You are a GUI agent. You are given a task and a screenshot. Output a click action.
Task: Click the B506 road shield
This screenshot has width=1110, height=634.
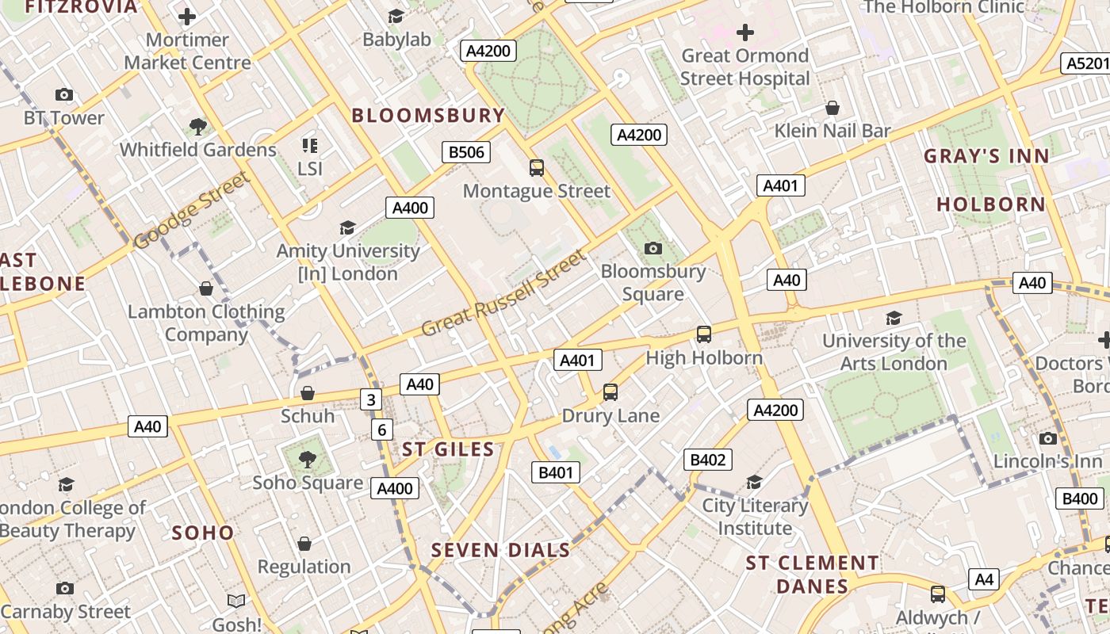click(x=466, y=152)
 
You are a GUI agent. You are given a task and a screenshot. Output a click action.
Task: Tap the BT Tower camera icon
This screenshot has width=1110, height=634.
click(x=64, y=95)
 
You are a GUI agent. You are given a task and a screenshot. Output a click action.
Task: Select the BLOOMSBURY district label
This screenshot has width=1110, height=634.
click(x=428, y=115)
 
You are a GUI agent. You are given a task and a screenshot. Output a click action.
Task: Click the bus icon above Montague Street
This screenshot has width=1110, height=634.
click(x=537, y=167)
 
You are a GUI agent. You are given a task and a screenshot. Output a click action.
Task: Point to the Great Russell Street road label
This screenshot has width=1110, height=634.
click(x=504, y=293)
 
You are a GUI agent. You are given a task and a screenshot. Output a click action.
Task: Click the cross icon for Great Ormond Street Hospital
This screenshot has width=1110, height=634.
click(x=744, y=33)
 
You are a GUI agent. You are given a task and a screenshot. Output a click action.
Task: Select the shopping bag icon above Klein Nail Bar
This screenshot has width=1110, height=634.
click(x=832, y=108)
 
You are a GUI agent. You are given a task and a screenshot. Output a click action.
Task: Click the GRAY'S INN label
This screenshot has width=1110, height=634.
click(x=986, y=156)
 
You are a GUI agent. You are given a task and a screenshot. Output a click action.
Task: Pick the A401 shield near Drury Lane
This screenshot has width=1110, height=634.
click(x=577, y=361)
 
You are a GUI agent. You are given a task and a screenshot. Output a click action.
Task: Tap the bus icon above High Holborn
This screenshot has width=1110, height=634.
click(x=704, y=334)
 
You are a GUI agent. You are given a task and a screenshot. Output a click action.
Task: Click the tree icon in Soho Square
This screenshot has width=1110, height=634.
click(x=307, y=459)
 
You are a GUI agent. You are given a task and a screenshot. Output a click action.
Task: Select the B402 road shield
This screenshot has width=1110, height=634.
click(x=708, y=460)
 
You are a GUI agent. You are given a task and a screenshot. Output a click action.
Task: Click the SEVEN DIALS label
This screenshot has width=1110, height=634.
click(x=500, y=550)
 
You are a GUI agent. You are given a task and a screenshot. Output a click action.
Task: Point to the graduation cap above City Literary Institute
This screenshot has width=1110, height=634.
click(x=754, y=482)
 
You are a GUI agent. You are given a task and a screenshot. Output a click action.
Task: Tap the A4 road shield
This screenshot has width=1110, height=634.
click(x=983, y=579)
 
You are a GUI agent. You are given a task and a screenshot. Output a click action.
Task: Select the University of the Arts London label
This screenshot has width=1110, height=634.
click(x=894, y=352)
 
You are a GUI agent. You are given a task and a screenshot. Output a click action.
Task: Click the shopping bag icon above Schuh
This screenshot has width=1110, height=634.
click(x=308, y=393)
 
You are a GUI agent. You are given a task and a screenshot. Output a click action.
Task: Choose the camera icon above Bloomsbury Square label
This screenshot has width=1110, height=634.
click(x=653, y=249)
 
